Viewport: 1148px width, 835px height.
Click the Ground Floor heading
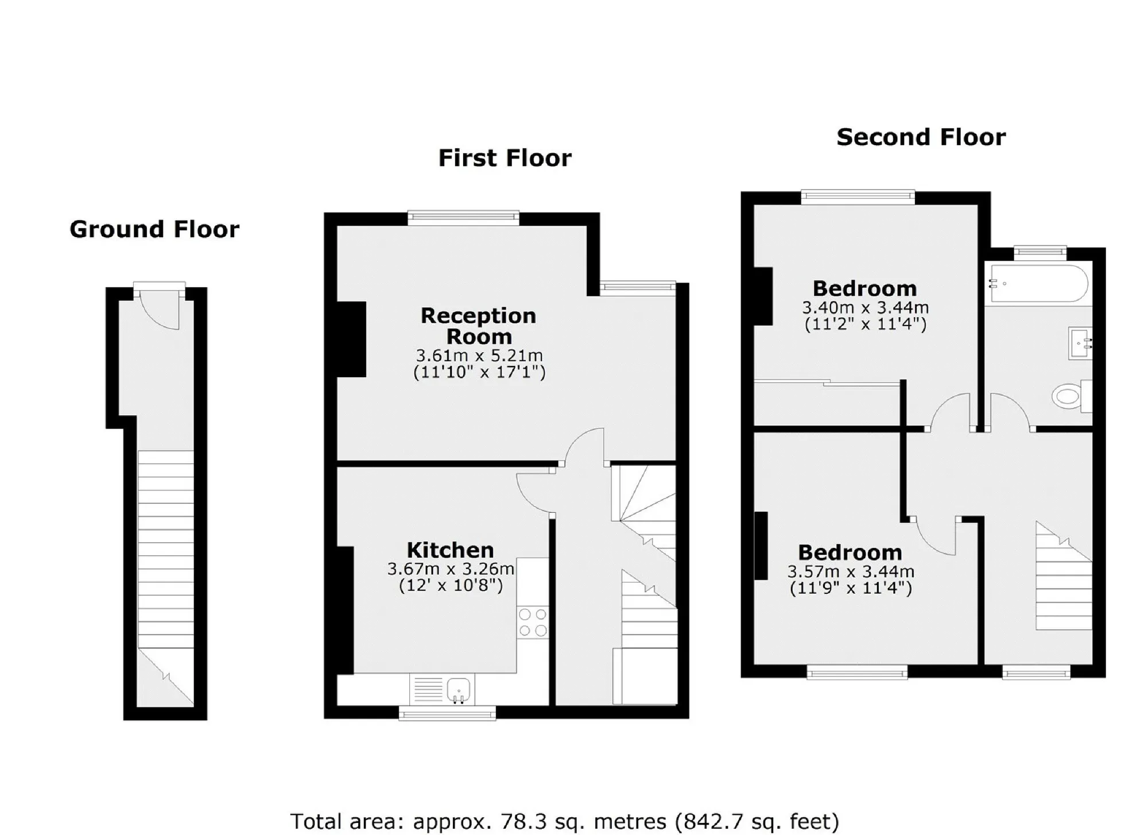tap(154, 229)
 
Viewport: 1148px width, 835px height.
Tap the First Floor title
tap(505, 158)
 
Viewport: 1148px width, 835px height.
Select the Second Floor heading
tap(921, 137)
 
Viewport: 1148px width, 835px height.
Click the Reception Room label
tap(479, 326)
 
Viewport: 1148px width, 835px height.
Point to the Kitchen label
tap(450, 550)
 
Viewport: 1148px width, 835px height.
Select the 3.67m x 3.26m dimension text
tap(451, 569)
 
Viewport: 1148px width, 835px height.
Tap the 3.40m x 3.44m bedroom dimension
tap(865, 307)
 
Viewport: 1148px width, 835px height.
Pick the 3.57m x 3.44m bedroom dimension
tap(851, 571)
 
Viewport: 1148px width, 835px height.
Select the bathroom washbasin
tap(1080, 343)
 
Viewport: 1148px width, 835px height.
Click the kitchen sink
tap(458, 690)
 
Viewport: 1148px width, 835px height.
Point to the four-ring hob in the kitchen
tap(533, 623)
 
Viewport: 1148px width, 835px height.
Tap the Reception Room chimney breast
tap(351, 339)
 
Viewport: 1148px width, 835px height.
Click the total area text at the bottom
tap(565, 821)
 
